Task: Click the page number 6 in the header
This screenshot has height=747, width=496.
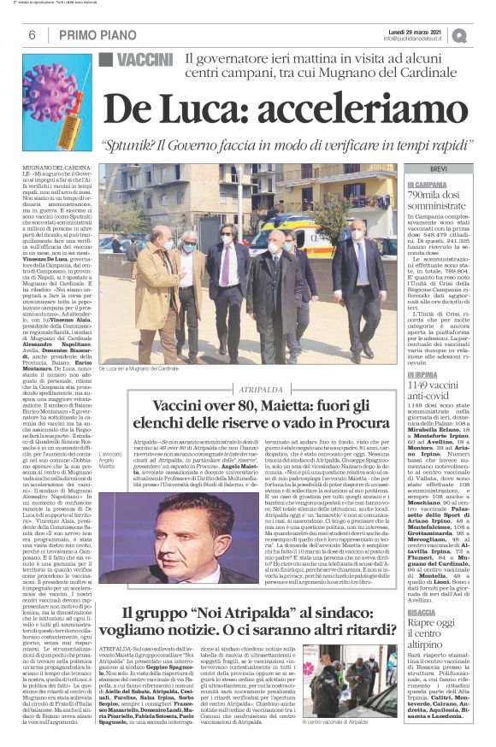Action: click(x=31, y=35)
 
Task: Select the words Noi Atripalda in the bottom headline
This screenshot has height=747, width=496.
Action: click(x=236, y=637)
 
